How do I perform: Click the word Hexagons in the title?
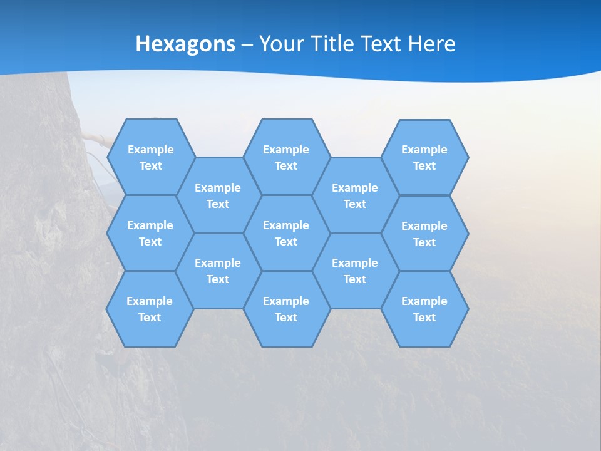pos(185,44)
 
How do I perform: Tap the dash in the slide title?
pos(247,44)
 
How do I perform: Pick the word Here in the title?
pos(432,44)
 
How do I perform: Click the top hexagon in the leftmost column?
pos(150,157)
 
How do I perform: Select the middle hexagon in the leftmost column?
pos(150,233)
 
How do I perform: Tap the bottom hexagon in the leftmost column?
pos(150,309)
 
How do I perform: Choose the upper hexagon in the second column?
pos(218,195)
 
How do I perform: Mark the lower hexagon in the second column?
pos(218,271)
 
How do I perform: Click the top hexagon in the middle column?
pos(286,157)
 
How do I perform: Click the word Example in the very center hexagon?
pos(286,225)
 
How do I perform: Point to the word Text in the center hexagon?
pos(286,242)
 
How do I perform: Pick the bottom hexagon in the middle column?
pos(286,309)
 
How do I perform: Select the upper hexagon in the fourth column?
pos(355,195)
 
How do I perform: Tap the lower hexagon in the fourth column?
pos(355,271)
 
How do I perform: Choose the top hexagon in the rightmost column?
pos(424,157)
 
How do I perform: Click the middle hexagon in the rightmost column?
pos(424,234)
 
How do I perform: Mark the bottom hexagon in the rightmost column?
pos(424,309)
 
